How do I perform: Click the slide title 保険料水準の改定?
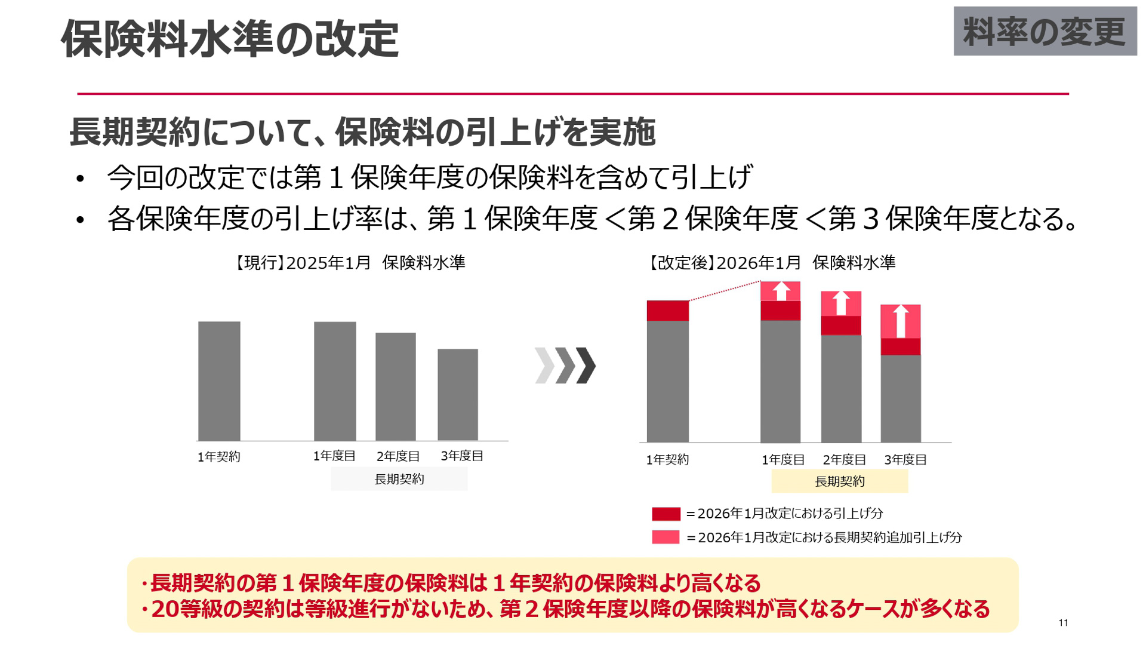(230, 39)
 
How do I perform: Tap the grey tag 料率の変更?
(1045, 32)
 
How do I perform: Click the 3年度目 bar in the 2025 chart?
(458, 395)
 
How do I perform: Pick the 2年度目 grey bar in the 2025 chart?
(396, 386)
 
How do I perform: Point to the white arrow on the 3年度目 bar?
(901, 321)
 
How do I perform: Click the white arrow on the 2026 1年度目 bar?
(781, 291)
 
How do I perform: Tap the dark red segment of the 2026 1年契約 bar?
(667, 311)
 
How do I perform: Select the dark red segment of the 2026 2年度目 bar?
(841, 325)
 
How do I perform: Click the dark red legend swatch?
(666, 514)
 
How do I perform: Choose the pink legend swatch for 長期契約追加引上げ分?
(666, 537)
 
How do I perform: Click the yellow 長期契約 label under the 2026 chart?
(839, 481)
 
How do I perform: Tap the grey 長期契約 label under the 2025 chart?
(399, 479)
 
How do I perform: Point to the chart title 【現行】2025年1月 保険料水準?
(350, 263)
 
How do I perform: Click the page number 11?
(1063, 623)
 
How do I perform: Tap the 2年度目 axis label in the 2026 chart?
(844, 460)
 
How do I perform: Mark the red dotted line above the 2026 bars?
(725, 291)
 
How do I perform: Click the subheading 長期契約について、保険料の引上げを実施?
(362, 132)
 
